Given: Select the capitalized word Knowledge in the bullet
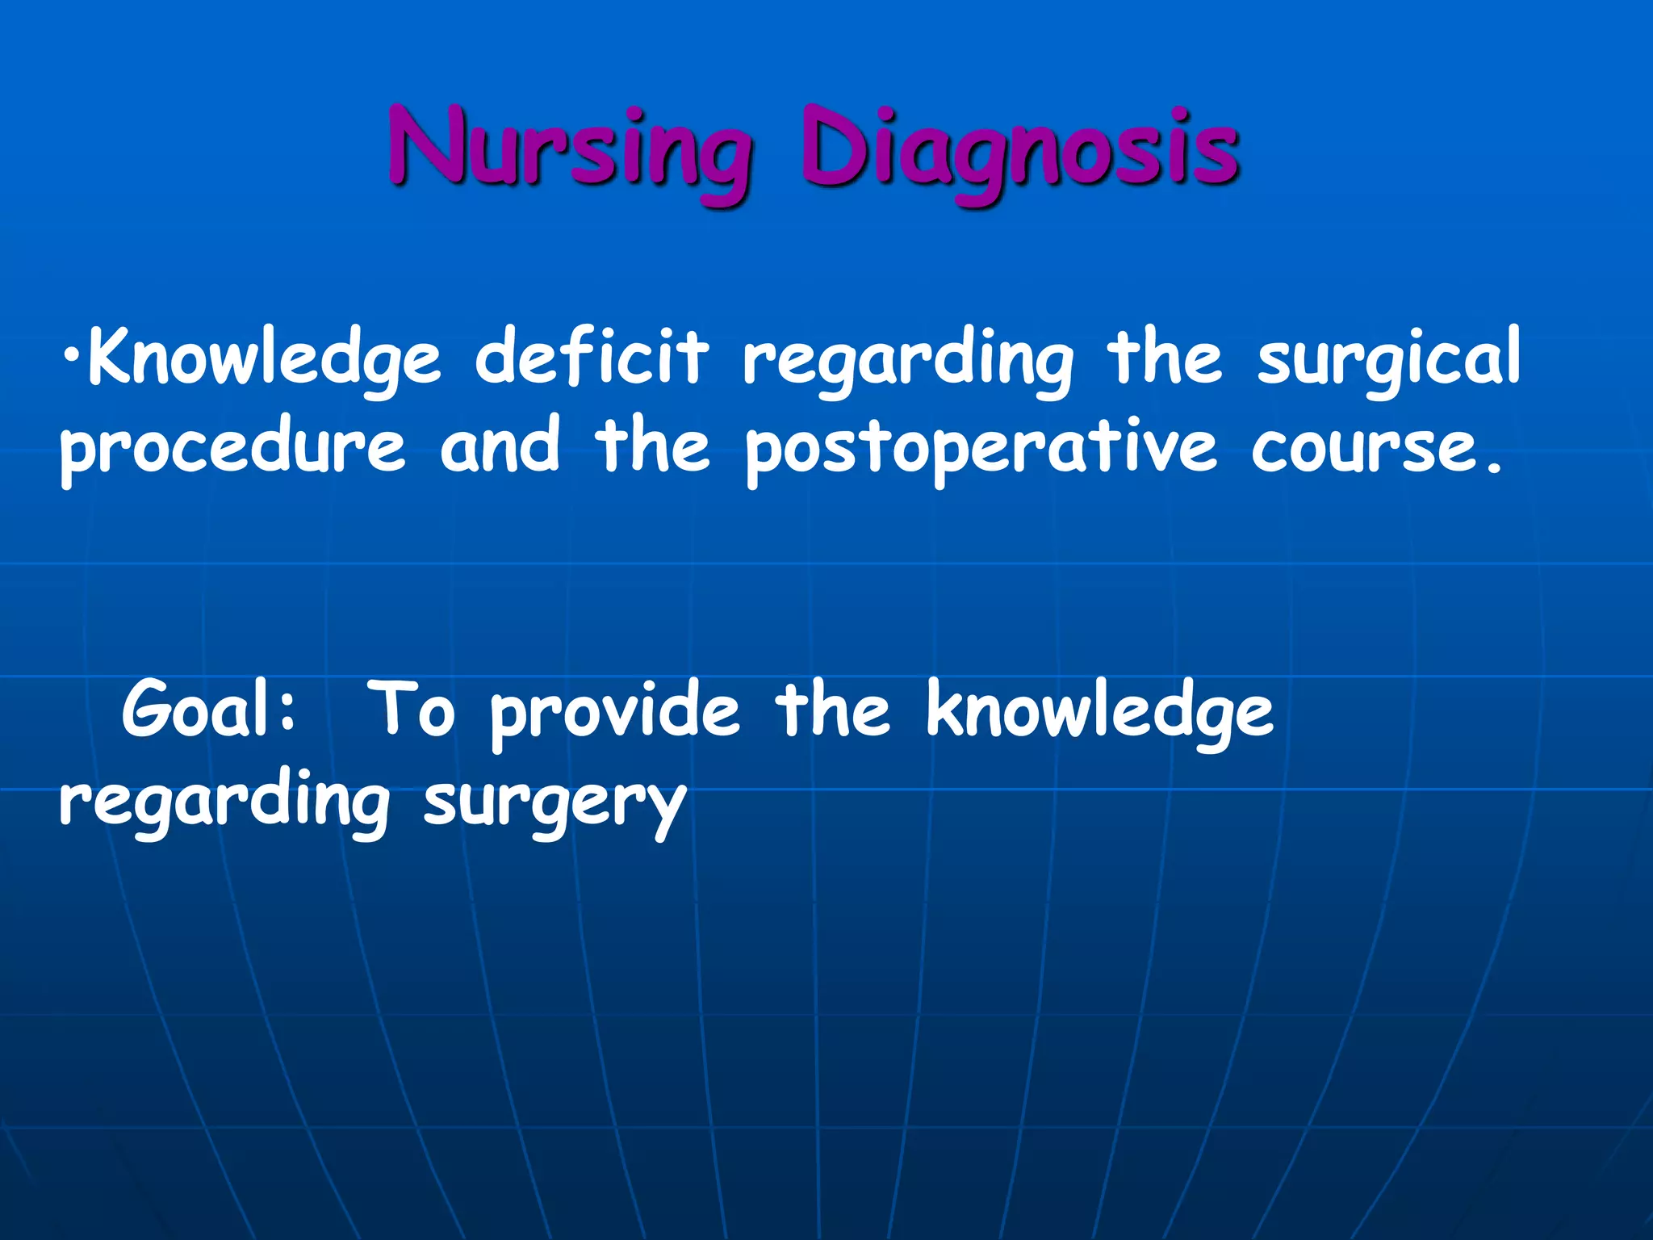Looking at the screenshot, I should [265, 358].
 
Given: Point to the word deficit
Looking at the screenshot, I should [592, 358].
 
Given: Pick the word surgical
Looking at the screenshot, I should [1388, 358].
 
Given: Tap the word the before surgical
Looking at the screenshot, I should [1165, 358].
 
